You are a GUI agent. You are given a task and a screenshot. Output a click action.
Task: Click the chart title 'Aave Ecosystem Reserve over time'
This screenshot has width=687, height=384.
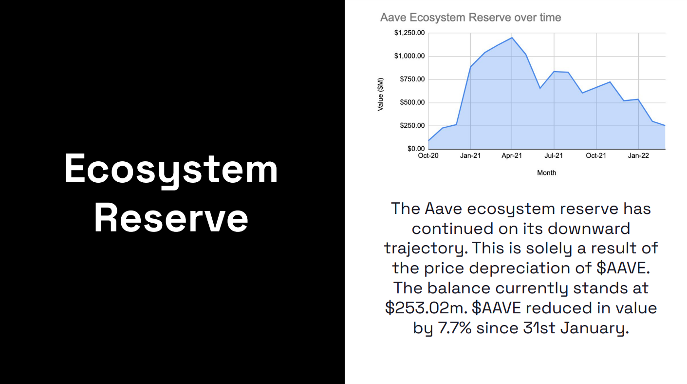[x=470, y=18]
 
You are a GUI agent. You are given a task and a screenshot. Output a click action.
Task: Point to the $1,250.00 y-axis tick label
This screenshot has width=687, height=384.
[x=409, y=33]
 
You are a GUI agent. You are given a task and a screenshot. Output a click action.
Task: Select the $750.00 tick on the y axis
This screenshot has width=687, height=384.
[x=412, y=79]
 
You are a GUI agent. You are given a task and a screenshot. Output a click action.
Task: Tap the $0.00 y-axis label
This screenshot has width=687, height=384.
[x=416, y=149]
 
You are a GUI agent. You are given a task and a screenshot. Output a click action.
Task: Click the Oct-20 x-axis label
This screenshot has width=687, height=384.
[x=428, y=155]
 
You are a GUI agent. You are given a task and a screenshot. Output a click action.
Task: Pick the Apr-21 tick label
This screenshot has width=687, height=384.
[x=512, y=155]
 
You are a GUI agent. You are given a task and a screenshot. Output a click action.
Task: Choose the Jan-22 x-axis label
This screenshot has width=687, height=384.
[x=638, y=155]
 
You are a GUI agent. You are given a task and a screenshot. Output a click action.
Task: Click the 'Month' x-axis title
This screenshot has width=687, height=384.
[x=547, y=173]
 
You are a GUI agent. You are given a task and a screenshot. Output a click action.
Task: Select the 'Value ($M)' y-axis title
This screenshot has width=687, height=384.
[x=380, y=94]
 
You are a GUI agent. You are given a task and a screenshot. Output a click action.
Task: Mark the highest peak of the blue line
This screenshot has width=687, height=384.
[x=512, y=38]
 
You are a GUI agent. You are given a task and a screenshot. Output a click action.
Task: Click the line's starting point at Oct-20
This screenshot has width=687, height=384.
[x=428, y=140]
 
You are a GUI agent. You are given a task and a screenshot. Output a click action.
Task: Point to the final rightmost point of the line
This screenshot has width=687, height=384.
[x=665, y=126]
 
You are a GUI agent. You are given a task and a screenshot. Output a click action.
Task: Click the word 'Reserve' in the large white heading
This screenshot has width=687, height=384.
[x=171, y=218]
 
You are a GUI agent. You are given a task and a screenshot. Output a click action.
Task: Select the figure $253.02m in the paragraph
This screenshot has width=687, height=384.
[x=427, y=308]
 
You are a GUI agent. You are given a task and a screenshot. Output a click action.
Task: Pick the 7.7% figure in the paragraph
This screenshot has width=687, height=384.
[x=454, y=328]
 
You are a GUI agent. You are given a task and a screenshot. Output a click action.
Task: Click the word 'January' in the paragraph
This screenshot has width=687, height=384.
[x=594, y=328]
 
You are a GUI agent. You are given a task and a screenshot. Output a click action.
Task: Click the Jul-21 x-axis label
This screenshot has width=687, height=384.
[x=554, y=155]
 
